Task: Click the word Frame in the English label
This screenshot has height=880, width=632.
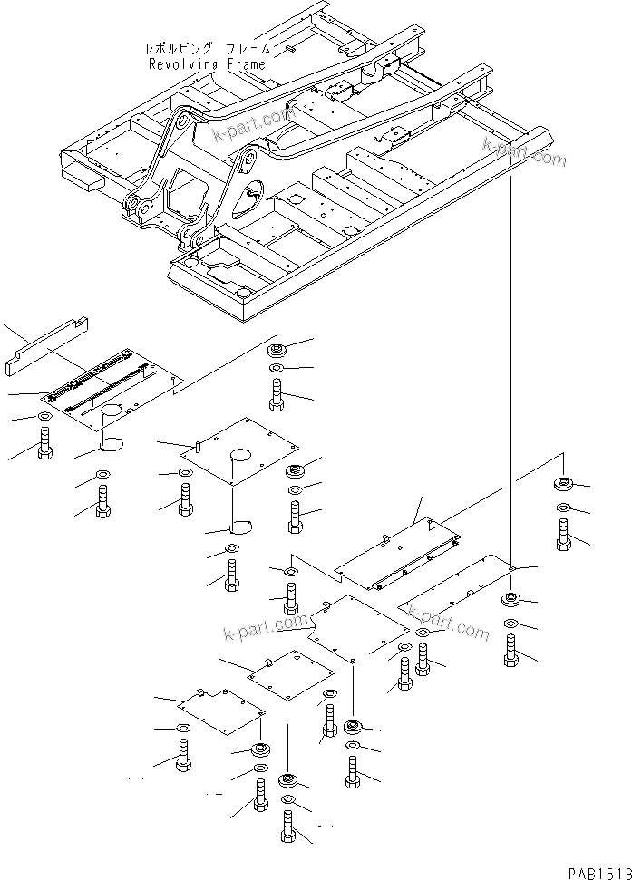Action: click(246, 64)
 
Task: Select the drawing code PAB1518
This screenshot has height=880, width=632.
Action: click(598, 872)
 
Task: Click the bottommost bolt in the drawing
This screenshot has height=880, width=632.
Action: click(288, 827)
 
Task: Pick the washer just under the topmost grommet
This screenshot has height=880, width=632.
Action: click(277, 369)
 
